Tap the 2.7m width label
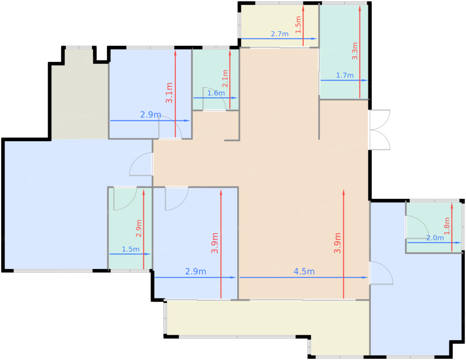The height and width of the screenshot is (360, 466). pyautogui.click(x=279, y=34)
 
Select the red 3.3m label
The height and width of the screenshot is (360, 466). pyautogui.click(x=355, y=51)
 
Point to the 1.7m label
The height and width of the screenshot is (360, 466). pyautogui.click(x=345, y=75)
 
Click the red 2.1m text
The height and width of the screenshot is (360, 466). pyautogui.click(x=225, y=78)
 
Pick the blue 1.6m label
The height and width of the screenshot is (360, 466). pyautogui.click(x=216, y=93)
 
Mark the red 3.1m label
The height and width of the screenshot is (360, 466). pyautogui.click(x=169, y=93)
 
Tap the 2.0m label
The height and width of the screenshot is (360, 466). pyautogui.click(x=435, y=238)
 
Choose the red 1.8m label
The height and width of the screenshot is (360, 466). pyautogui.click(x=447, y=226)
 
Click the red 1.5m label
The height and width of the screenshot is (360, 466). pyautogui.click(x=298, y=25)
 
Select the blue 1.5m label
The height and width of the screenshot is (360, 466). pyautogui.click(x=130, y=249)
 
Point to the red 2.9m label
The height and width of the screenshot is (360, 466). pyautogui.click(x=139, y=228)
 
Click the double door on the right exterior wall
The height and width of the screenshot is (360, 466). pyautogui.click(x=379, y=130)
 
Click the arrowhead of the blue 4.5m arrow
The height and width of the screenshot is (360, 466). pyautogui.click(x=365, y=277)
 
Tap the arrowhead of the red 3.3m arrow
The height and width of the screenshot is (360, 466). pyautogui.click(x=359, y=8)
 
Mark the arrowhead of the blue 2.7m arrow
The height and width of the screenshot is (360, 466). pyautogui.click(x=314, y=39)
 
